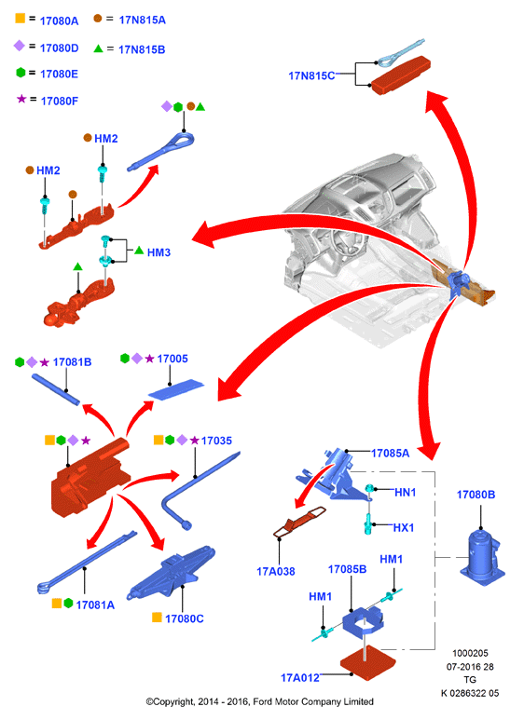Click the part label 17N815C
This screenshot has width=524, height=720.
[311, 75]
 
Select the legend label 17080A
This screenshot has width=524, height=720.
[60, 20]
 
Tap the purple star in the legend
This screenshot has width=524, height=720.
[21, 99]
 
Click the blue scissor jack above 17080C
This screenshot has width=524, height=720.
[171, 573]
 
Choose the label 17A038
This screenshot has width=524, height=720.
[276, 571]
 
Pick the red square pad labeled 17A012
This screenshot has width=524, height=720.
[367, 662]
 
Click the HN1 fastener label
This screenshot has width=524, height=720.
[406, 492]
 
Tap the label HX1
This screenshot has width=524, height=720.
[404, 527]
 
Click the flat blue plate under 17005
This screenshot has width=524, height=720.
[176, 389]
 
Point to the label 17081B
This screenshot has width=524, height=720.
[72, 361]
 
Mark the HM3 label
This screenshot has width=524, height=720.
[159, 252]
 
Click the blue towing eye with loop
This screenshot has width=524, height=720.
[161, 152]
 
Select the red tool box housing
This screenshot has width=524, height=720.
[90, 478]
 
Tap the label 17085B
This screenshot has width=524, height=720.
[347, 569]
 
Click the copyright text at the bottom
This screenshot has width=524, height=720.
[260, 701]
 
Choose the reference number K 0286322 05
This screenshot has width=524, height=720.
[470, 693]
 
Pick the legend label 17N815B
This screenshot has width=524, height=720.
[142, 49]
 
